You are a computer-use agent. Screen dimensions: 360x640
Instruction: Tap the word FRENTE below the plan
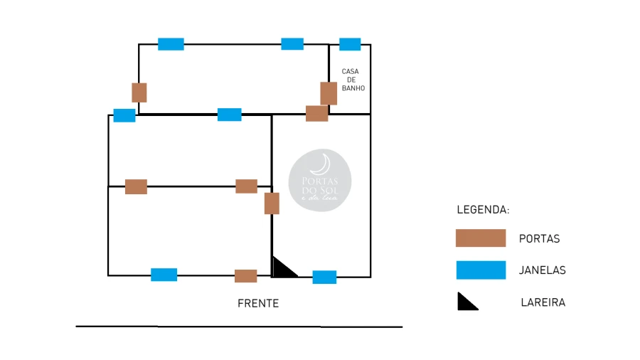point(258,304)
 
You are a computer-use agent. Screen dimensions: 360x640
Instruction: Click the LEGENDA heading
point(483,211)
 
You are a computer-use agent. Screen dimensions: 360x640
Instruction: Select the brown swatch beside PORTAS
point(481,238)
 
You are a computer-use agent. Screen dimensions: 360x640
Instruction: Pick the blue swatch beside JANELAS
point(481,270)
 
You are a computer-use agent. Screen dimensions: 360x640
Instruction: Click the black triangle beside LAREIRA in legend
point(467,302)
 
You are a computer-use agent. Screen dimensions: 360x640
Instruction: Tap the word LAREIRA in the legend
point(543,302)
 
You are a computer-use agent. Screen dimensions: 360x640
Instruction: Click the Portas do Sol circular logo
point(320,180)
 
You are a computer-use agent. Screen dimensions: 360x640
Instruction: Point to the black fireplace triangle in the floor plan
point(283,269)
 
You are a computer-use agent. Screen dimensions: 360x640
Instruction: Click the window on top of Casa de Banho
point(350,44)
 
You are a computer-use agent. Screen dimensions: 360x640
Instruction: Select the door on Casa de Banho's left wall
point(329,93)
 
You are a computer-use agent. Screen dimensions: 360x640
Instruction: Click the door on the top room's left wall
point(139,92)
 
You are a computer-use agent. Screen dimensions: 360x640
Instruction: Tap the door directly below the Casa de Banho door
point(317,113)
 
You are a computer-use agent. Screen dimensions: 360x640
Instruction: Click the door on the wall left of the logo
point(272,203)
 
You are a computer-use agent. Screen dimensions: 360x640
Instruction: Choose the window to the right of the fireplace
point(324,277)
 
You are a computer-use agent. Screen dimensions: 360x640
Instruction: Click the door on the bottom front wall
point(246,276)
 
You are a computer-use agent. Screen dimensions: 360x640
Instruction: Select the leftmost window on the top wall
point(171,44)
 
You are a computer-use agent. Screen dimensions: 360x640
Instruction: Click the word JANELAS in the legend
point(543,270)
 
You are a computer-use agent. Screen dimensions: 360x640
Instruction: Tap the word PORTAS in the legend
point(540,238)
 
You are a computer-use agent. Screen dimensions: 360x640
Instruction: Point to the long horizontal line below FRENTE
point(239,327)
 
